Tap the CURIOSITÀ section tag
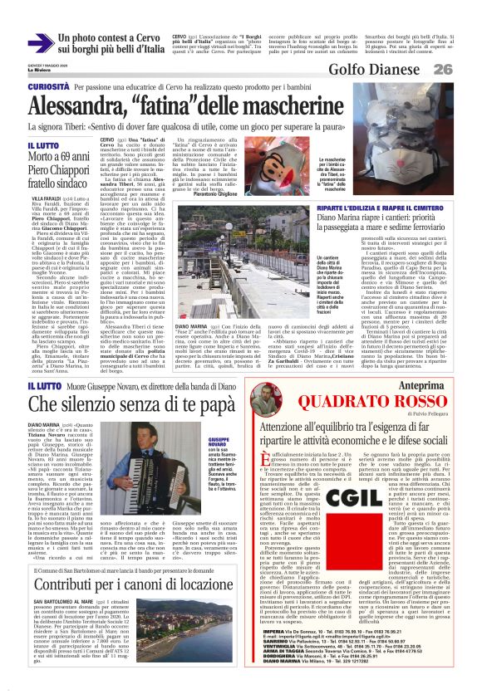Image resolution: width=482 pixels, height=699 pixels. tap(47, 86)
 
